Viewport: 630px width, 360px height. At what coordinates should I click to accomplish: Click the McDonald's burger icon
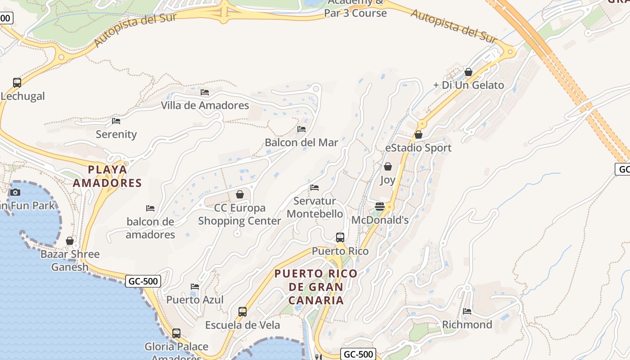pyautogui.click(x=380, y=207)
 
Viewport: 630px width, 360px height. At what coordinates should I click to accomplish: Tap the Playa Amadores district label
pyautogui.click(x=108, y=176)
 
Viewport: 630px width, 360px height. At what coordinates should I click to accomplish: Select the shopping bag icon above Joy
pyautogui.click(x=387, y=166)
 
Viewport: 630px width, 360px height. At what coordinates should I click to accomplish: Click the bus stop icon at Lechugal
pyautogui.click(x=17, y=82)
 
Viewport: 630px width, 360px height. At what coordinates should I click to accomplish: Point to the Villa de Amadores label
pyautogui.click(x=205, y=105)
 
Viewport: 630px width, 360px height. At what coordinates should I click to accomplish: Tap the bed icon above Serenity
pyautogui.click(x=116, y=121)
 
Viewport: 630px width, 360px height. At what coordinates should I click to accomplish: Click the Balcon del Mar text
pyautogui.click(x=301, y=143)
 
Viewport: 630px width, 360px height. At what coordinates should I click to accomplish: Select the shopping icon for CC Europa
pyautogui.click(x=240, y=194)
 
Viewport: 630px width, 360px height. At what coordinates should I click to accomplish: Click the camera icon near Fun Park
pyautogui.click(x=15, y=192)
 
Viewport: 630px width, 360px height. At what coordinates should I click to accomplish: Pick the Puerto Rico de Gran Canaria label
pyautogui.click(x=316, y=287)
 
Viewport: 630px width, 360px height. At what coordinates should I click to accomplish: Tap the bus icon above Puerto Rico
pyautogui.click(x=340, y=237)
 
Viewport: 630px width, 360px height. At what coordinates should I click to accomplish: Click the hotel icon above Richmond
pyautogui.click(x=467, y=311)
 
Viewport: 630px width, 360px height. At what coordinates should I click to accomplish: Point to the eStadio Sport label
pyautogui.click(x=418, y=148)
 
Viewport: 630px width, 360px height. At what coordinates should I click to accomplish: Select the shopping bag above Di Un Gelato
pyautogui.click(x=468, y=72)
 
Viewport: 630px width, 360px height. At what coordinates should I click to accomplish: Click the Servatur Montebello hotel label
pyautogui.click(x=315, y=207)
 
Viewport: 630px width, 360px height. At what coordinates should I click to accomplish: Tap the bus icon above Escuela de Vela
pyautogui.click(x=243, y=311)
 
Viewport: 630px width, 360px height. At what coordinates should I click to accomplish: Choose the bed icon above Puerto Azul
pyautogui.click(x=195, y=286)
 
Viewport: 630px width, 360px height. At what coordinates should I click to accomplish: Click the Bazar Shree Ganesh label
pyautogui.click(x=70, y=261)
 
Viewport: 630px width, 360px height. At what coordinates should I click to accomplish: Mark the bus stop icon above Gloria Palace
pyautogui.click(x=176, y=333)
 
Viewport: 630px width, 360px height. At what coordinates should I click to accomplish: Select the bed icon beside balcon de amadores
pyautogui.click(x=150, y=208)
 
